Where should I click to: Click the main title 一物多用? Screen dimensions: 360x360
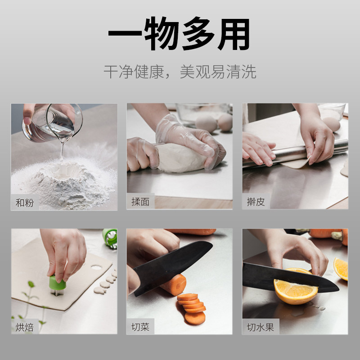pyautogui.click(x=179, y=33)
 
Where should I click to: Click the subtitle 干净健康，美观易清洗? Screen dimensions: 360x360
pyautogui.click(x=180, y=72)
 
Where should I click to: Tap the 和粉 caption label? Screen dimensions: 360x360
pyautogui.click(x=25, y=202)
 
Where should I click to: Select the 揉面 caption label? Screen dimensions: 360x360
pyautogui.click(x=140, y=202)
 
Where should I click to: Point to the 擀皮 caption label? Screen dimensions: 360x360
pyautogui.click(x=256, y=202)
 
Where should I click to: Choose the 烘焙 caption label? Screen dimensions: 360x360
pyautogui.click(x=25, y=327)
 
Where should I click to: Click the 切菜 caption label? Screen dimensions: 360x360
pyautogui.click(x=140, y=327)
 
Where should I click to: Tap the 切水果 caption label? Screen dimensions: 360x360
pyautogui.click(x=261, y=327)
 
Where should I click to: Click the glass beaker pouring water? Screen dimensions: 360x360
pyautogui.click(x=52, y=123)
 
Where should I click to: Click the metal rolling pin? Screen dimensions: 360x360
pyautogui.click(x=296, y=153)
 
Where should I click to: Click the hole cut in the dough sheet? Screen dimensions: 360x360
pyautogui.click(x=96, y=267)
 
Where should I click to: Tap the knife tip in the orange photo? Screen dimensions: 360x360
pyautogui.click(x=338, y=290)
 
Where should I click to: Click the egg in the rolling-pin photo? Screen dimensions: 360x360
pyautogui.click(x=331, y=124)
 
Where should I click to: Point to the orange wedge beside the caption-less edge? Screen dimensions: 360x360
pyautogui.click(x=341, y=269)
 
